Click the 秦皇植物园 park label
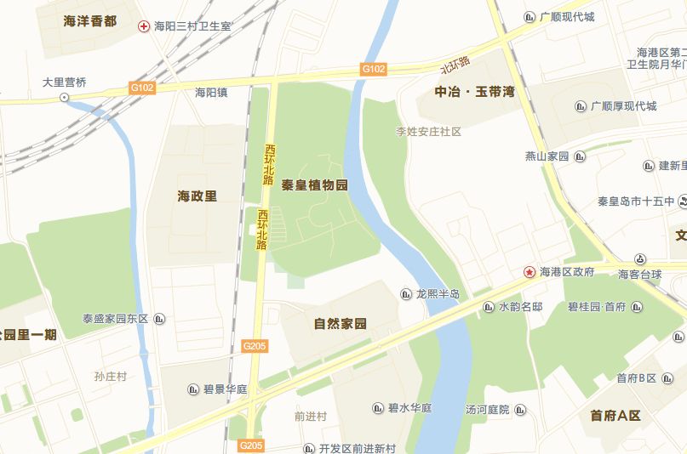[x=315, y=185]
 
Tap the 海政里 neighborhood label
[x=198, y=196]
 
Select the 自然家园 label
[x=340, y=324]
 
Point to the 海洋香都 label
[x=90, y=20]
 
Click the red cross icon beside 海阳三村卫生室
[x=144, y=26]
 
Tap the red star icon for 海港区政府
[x=530, y=272]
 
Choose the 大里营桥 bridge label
[x=65, y=82]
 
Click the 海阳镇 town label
[x=211, y=93]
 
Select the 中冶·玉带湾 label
[x=475, y=91]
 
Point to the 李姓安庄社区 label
[x=428, y=132]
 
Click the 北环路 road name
[x=455, y=65]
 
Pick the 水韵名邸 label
[x=520, y=306]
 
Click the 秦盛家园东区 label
[x=115, y=319]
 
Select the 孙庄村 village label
[x=111, y=376]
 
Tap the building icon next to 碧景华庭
[x=193, y=389]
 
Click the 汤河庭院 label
[x=487, y=410]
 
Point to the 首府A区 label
[x=615, y=416]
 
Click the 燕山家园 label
[x=547, y=156]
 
